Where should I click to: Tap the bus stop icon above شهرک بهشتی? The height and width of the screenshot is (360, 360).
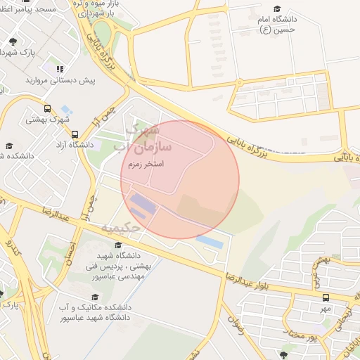[47, 109]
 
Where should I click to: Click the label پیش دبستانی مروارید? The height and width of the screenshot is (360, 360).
[60, 80]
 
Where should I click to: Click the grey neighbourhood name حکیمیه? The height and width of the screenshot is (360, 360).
[124, 228]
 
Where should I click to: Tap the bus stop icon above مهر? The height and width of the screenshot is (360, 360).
[325, 297]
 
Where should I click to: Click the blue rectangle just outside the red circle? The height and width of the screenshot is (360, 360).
[210, 242]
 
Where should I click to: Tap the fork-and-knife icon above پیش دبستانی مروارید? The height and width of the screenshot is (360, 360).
[60, 69]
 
